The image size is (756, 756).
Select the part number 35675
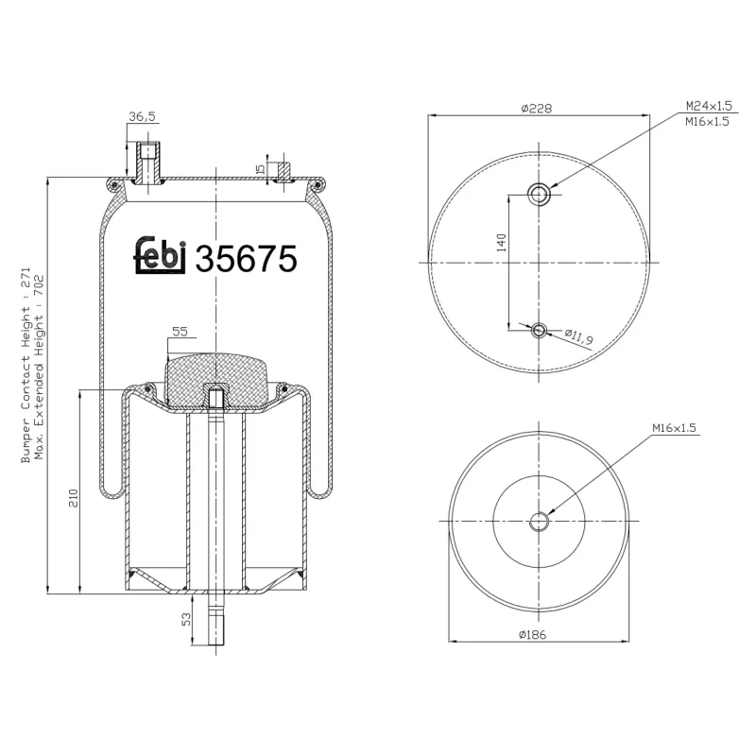pyautogui.click(x=246, y=258)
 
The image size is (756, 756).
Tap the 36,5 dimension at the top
pyautogui.click(x=141, y=117)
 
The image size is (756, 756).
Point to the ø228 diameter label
pyautogui.click(x=537, y=108)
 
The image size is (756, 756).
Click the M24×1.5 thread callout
pyautogui.click(x=707, y=106)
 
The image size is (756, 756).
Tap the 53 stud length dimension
pyautogui.click(x=186, y=619)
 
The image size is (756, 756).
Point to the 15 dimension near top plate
pyautogui.click(x=260, y=170)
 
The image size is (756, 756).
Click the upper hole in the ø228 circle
pyautogui.click(x=540, y=195)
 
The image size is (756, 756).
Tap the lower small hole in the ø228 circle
pyautogui.click(x=540, y=329)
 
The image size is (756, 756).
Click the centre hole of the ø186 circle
pyautogui.click(x=540, y=521)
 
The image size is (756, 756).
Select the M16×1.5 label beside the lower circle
pyautogui.click(x=674, y=429)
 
